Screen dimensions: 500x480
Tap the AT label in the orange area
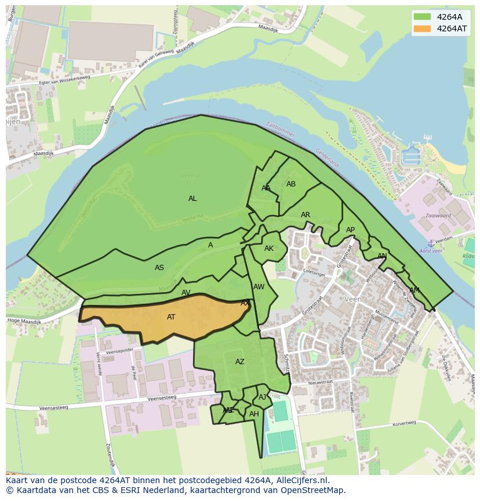click(171, 317)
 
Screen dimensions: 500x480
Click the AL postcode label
click(192, 199)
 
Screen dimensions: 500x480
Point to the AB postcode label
click(291, 184)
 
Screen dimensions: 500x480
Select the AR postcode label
click(306, 215)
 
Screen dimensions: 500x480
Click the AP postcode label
click(350, 230)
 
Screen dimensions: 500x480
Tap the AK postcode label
click(269, 249)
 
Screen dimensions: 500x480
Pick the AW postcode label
click(259, 287)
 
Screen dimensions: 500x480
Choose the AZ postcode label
click(240, 362)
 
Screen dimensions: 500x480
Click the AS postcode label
click(159, 268)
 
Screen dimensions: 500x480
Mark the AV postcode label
click(186, 293)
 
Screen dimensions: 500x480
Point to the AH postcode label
click(254, 414)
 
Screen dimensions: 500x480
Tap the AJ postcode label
click(263, 397)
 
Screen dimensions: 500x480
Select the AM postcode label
click(414, 290)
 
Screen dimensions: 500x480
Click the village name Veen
click(352, 299)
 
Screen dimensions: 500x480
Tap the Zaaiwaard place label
click(430, 215)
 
